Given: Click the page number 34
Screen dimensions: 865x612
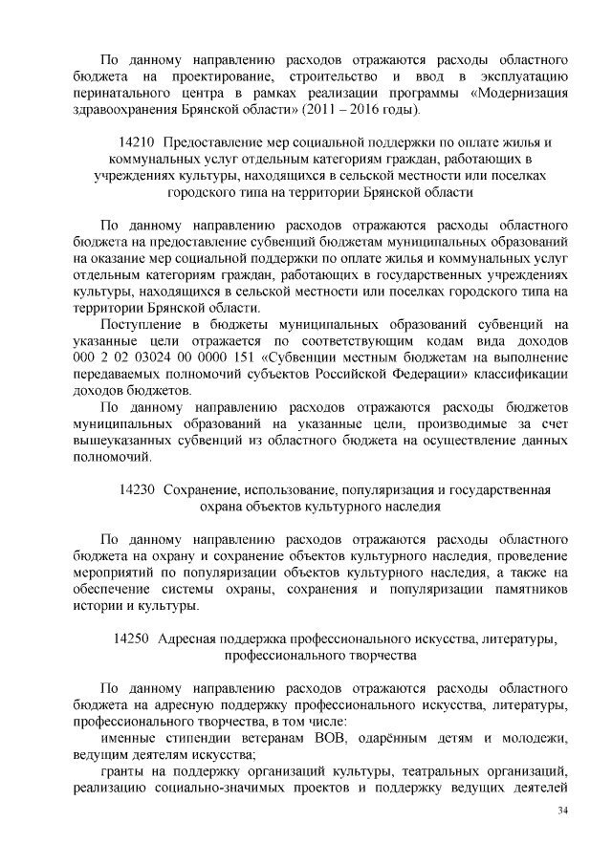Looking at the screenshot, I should [562, 811].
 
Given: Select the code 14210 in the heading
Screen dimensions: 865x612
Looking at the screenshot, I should [134, 141].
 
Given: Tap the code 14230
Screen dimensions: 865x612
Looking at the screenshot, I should [137, 489].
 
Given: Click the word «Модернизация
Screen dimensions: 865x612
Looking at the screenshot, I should [522, 94].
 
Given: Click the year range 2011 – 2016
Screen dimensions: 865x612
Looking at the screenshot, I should [340, 111].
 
